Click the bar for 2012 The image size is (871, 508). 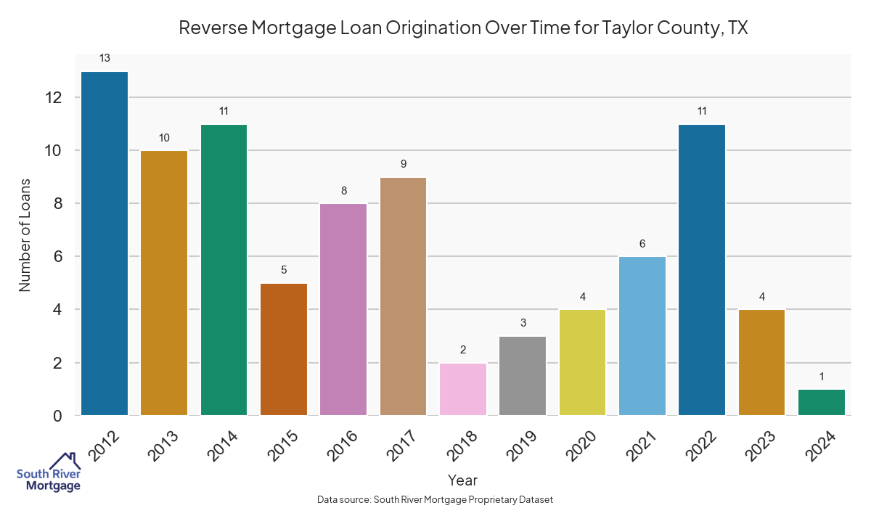click(x=105, y=243)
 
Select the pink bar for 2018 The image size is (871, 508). click(x=463, y=389)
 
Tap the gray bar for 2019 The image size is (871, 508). click(x=523, y=376)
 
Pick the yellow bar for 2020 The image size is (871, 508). click(x=582, y=362)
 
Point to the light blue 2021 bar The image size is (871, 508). click(x=642, y=336)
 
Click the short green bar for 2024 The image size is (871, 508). click(x=821, y=402)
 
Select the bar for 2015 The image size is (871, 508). click(x=284, y=349)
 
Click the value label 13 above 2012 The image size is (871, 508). click(x=105, y=58)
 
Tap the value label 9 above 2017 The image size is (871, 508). click(x=403, y=164)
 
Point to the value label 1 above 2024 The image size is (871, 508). click(x=821, y=376)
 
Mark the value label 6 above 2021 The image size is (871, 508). click(x=642, y=244)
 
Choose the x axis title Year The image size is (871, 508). click(x=462, y=480)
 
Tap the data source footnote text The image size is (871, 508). click(x=435, y=499)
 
